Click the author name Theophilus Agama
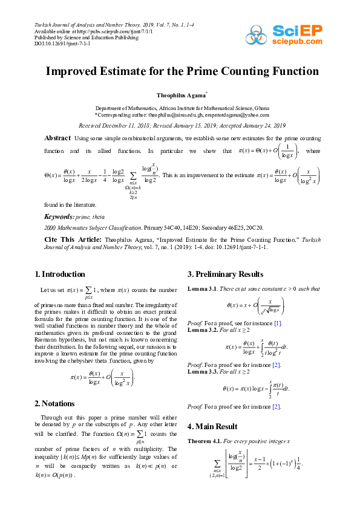point(180,96)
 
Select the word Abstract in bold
point(58,138)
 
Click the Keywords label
point(59,216)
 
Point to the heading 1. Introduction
point(60,274)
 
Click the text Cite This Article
point(68,239)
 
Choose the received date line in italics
point(180,125)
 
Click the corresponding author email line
point(180,114)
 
